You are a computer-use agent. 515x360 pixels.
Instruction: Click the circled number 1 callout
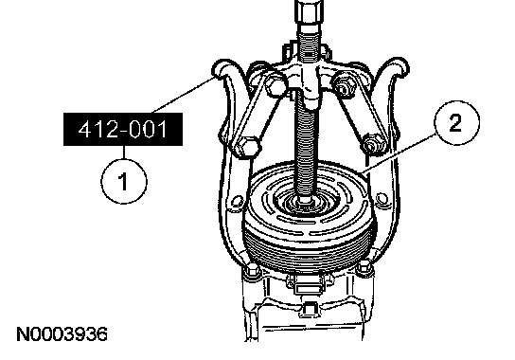coord(124,182)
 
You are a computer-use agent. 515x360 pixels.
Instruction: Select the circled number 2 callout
coord(456,123)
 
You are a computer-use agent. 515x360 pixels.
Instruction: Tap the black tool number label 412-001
coord(123,129)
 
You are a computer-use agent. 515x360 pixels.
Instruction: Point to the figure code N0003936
coord(62,334)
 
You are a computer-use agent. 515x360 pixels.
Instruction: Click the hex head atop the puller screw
coord(309,12)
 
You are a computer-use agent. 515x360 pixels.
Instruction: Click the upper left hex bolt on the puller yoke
coord(275,84)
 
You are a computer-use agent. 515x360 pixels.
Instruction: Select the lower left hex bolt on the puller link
coord(247,147)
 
